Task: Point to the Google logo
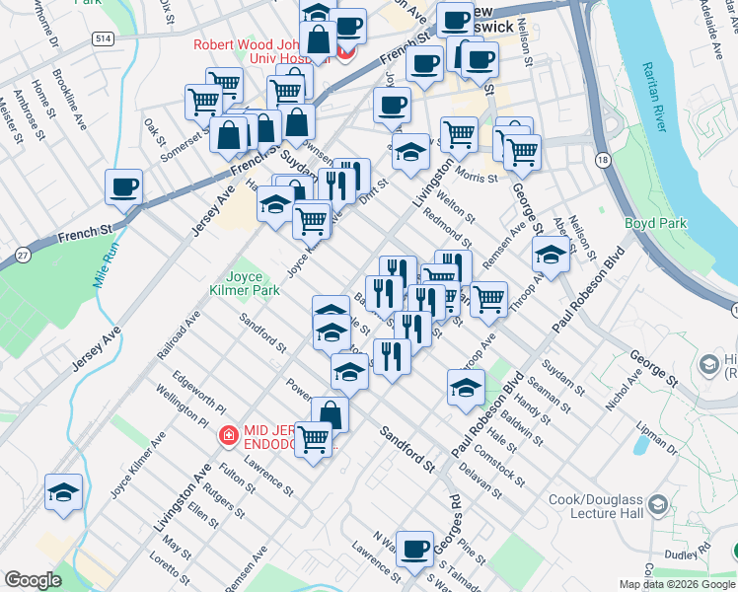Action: (x=33, y=579)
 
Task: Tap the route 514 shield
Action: (x=103, y=37)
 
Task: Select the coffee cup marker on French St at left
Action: (x=124, y=186)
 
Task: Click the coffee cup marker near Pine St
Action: (x=415, y=549)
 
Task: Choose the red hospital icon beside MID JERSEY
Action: (x=228, y=434)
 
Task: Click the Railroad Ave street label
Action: (x=179, y=333)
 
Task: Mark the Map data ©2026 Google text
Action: (x=676, y=584)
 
